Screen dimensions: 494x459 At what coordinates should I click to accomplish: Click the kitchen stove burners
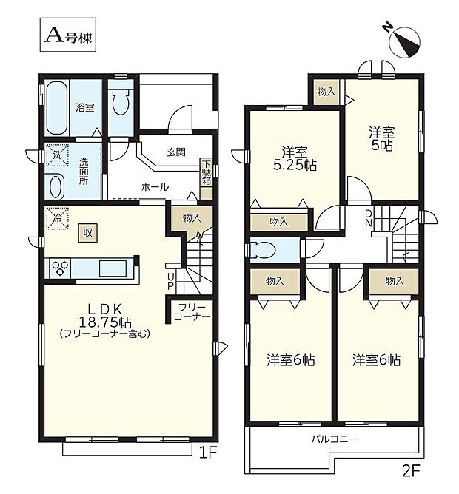coord(60,268)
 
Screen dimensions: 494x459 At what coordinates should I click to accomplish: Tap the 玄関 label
coord(176,152)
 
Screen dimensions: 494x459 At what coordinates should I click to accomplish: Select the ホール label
coord(155,187)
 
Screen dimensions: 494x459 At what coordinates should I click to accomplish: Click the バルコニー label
coord(334,440)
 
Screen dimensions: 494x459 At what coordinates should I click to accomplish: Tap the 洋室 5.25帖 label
coord(295,157)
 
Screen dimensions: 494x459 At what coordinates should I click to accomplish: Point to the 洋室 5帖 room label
coord(383,139)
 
